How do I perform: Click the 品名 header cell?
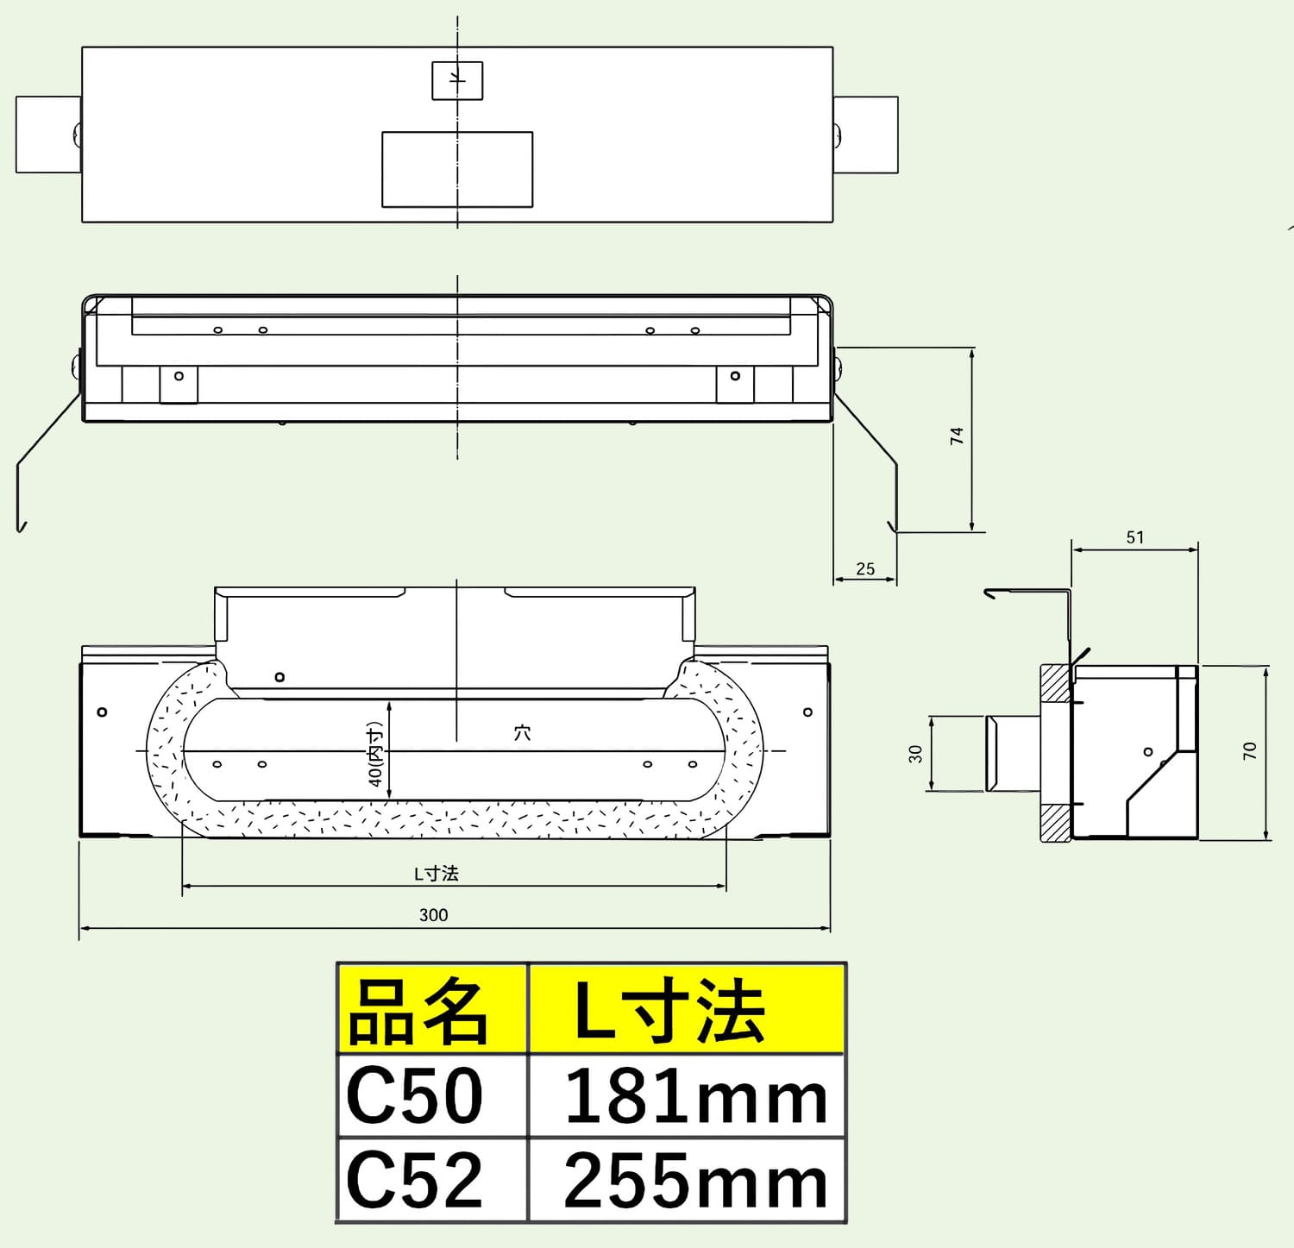(x=431, y=1009)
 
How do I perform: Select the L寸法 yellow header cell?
(x=687, y=1009)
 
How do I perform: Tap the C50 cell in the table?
(x=431, y=1095)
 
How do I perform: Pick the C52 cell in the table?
(x=431, y=1179)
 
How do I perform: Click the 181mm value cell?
(x=687, y=1095)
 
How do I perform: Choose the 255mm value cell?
(x=687, y=1179)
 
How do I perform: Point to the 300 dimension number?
(x=434, y=915)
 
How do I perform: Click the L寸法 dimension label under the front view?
(x=437, y=874)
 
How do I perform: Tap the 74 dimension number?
(x=957, y=436)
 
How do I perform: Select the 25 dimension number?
(x=865, y=569)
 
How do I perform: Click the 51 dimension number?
(x=1135, y=537)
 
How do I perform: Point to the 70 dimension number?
(x=1251, y=751)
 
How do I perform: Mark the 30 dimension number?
(x=916, y=754)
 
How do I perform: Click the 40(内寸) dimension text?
(x=376, y=753)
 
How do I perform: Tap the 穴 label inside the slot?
(x=522, y=733)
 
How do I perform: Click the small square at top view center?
(x=457, y=80)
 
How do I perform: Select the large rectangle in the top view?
(x=457, y=169)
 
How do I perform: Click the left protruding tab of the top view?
(x=48, y=135)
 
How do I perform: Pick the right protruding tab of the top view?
(x=866, y=135)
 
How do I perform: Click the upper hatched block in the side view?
(x=1056, y=682)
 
